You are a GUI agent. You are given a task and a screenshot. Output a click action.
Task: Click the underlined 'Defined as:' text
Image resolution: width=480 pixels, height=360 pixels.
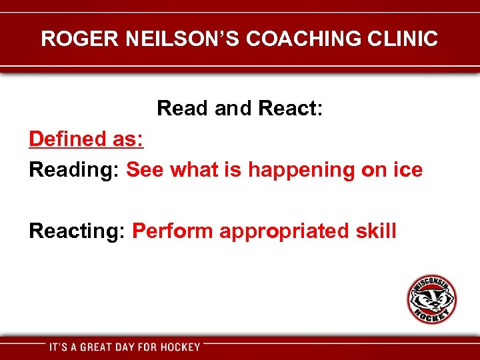(86, 139)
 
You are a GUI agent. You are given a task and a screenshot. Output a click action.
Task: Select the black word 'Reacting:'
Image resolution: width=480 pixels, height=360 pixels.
(77, 232)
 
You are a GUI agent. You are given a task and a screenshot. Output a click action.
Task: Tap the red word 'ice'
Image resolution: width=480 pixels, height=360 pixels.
(408, 170)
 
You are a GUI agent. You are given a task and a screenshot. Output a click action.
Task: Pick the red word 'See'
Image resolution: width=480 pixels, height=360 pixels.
(145, 170)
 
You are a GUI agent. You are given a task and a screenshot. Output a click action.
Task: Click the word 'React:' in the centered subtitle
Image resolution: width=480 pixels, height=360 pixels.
(291, 108)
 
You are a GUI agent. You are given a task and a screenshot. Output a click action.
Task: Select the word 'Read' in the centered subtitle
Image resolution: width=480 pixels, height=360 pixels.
(183, 108)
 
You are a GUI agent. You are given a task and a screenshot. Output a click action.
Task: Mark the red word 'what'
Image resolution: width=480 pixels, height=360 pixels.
(195, 170)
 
